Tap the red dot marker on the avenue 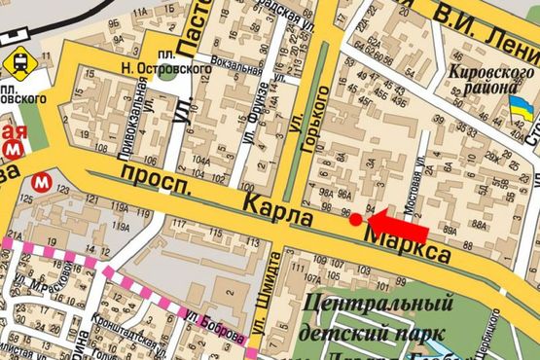click(356, 219)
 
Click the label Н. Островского click(153, 67)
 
